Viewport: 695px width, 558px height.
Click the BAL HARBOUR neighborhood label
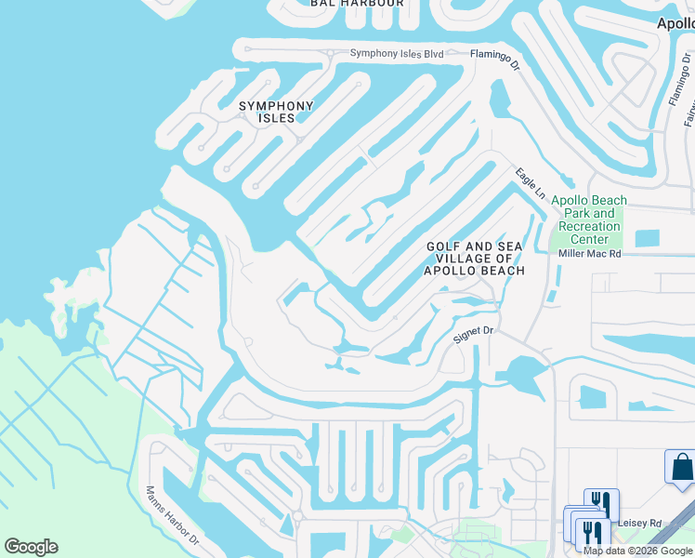click(x=358, y=4)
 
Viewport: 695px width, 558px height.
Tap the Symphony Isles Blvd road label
click(x=397, y=54)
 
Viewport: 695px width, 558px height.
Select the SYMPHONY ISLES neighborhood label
click(x=276, y=112)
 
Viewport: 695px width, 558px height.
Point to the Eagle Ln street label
click(x=531, y=182)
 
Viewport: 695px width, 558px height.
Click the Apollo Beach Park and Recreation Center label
click(x=588, y=219)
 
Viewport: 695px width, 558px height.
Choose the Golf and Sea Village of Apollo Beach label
click(x=475, y=259)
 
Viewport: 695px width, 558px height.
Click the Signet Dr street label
click(x=472, y=334)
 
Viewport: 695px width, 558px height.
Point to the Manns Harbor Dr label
click(x=172, y=515)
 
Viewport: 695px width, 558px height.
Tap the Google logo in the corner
click(x=31, y=546)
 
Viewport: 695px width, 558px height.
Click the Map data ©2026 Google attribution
click(x=637, y=551)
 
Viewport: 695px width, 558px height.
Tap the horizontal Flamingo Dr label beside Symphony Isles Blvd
click(x=496, y=57)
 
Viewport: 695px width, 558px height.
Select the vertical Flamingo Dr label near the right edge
click(x=676, y=81)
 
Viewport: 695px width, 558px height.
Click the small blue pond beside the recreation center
click(x=647, y=238)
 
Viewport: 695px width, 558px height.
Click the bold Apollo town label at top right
click(x=675, y=23)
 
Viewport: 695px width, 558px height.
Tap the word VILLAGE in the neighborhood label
click(x=475, y=259)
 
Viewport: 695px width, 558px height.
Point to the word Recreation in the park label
click(x=589, y=227)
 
